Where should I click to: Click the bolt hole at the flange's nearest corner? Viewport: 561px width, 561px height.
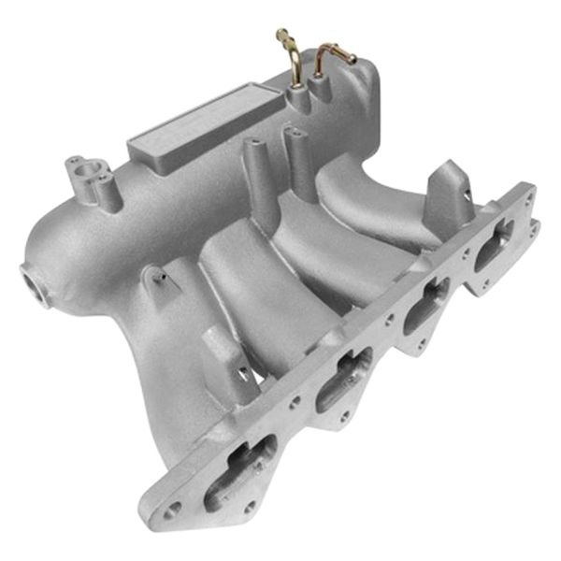[174, 510]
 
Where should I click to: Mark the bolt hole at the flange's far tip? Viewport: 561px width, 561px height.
[532, 224]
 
